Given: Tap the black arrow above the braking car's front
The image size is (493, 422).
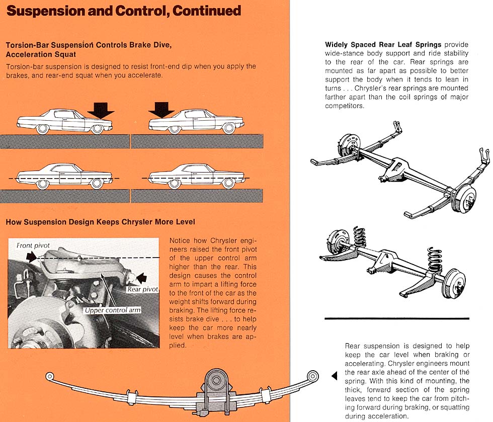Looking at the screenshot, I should coord(101,108).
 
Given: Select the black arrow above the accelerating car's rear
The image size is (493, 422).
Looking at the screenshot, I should coord(162,108).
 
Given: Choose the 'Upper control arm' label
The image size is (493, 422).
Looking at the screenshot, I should coord(112,310).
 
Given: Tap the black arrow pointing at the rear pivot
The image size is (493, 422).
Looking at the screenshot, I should coord(143,276).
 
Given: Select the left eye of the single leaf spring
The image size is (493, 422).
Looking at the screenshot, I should coord(50,376).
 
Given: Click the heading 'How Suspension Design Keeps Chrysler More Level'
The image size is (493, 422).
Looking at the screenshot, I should coord(100,222).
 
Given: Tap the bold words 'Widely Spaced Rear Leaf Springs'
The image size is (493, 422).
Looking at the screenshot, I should coord(383,45).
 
